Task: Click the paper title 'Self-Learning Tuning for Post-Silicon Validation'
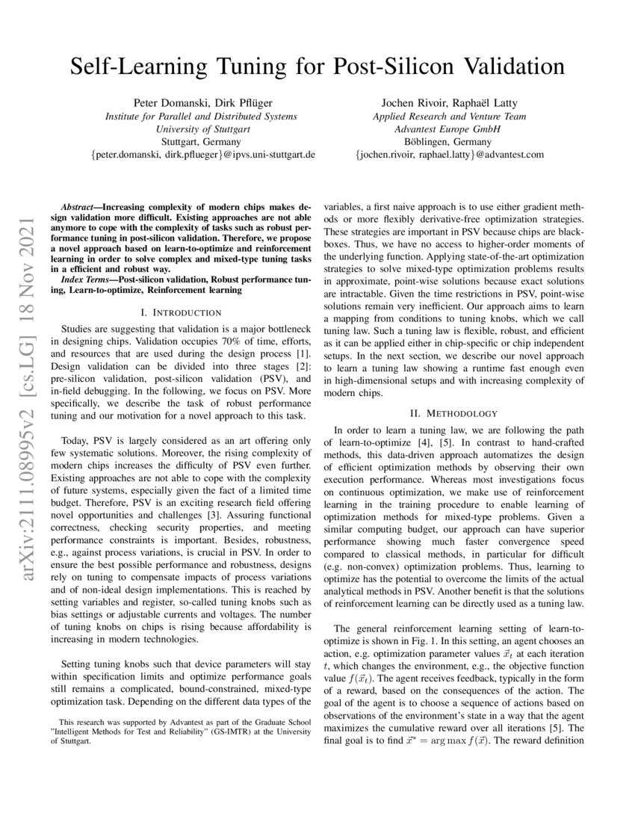click(x=317, y=67)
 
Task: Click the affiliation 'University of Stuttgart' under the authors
click(x=201, y=129)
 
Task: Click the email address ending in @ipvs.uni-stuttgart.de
click(x=201, y=154)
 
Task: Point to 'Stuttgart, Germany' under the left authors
click(x=201, y=141)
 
